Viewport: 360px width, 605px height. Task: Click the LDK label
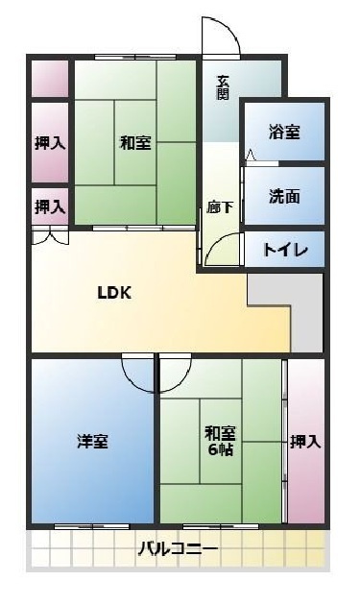click(113, 294)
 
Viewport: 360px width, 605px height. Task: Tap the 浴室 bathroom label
click(284, 131)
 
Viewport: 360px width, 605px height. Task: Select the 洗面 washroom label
click(284, 196)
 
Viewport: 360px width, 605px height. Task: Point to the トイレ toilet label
click(285, 250)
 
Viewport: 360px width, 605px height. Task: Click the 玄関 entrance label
click(223, 86)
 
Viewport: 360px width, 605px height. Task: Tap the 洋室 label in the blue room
click(92, 441)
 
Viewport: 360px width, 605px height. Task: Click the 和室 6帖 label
click(221, 441)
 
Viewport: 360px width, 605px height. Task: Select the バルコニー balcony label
click(177, 550)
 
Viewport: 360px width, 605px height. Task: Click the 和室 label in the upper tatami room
click(134, 143)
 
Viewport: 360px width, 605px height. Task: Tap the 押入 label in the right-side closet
click(305, 441)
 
